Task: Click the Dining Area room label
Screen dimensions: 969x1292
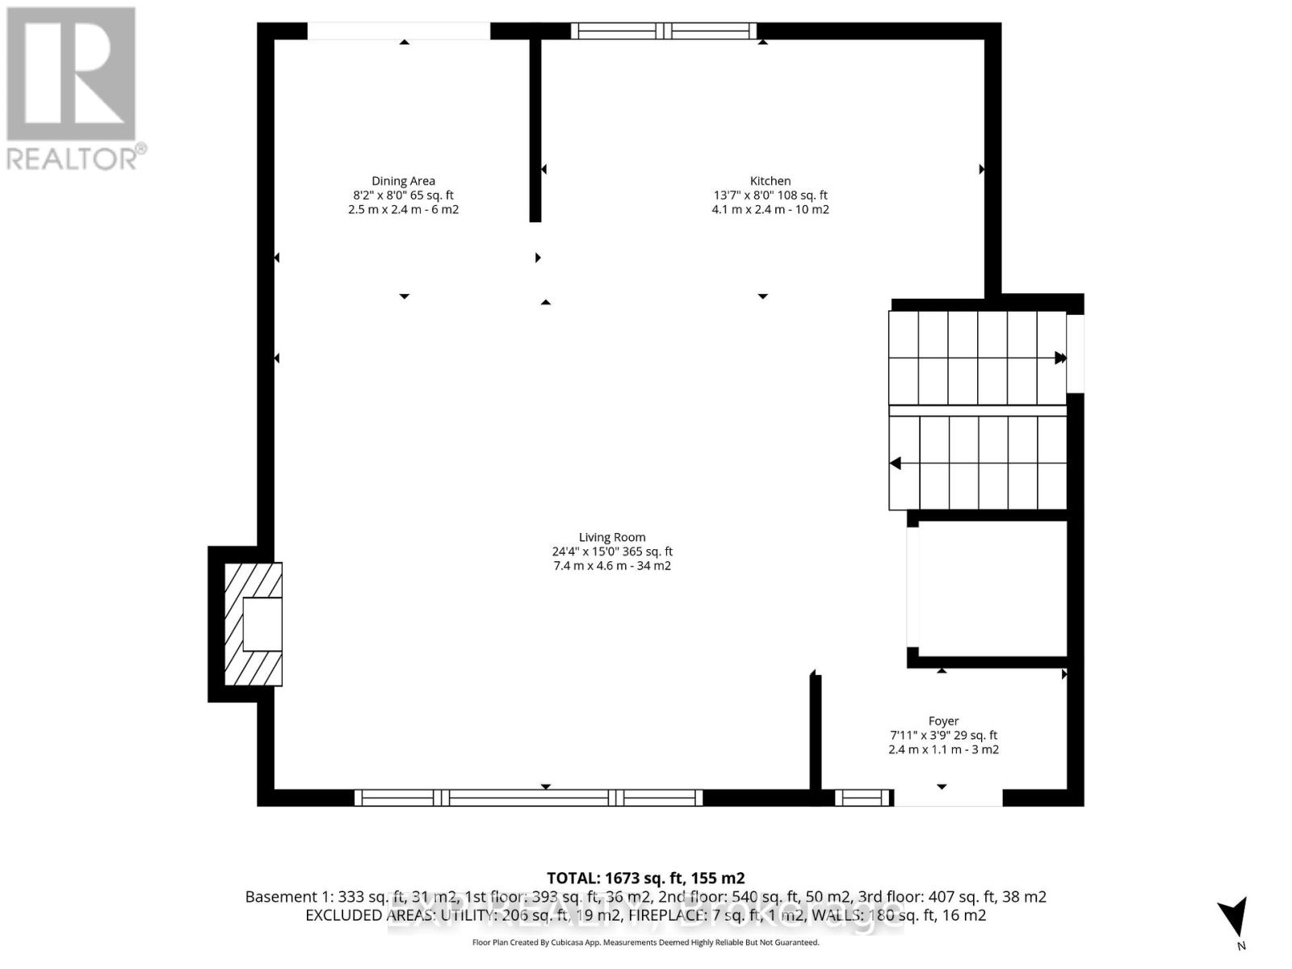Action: click(x=403, y=181)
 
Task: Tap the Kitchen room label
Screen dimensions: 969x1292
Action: click(x=770, y=181)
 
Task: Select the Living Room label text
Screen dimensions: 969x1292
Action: click(x=612, y=537)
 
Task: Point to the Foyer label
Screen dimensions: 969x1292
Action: click(x=943, y=721)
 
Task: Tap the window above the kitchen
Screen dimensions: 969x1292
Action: click(x=664, y=31)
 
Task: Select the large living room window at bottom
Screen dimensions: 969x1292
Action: click(x=529, y=798)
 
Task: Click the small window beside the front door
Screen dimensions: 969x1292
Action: click(x=862, y=798)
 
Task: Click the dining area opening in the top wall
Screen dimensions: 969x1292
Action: click(x=399, y=31)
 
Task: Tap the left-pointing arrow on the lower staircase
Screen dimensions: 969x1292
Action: click(x=896, y=464)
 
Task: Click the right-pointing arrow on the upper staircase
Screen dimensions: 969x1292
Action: click(x=1059, y=358)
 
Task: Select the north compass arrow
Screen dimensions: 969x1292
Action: click(x=1234, y=918)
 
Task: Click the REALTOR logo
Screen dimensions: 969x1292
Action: click(x=73, y=89)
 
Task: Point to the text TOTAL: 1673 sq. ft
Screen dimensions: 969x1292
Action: click(x=645, y=878)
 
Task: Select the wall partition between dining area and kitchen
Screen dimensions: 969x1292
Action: click(x=535, y=129)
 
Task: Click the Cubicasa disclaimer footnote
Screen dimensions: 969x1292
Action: click(x=645, y=942)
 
